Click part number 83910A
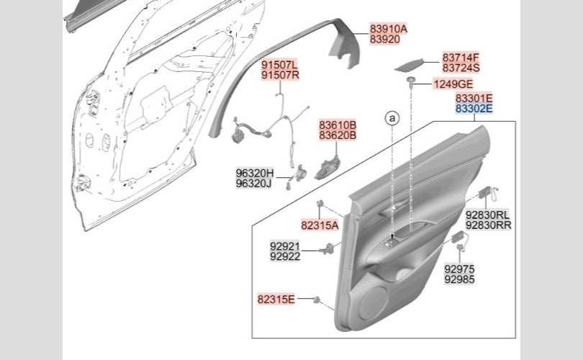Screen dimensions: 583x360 click(388, 29)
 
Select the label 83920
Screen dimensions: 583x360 click(385, 40)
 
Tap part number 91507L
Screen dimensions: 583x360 click(279, 65)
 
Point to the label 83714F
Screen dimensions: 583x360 click(461, 58)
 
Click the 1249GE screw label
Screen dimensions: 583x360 click(453, 84)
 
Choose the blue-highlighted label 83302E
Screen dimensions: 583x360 click(474, 109)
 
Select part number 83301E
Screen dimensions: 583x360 click(474, 98)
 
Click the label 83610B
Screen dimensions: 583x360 click(338, 125)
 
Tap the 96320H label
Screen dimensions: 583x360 click(255, 173)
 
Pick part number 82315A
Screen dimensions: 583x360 click(320, 225)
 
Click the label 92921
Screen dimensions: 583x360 click(285, 246)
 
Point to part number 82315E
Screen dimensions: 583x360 click(276, 299)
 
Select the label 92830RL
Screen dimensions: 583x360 click(488, 215)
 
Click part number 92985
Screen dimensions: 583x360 click(459, 279)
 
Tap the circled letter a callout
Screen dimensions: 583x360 click(392, 119)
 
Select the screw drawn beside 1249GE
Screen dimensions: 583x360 click(410, 81)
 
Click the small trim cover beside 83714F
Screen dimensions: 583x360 click(410, 65)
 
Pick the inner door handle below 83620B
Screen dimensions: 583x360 click(327, 167)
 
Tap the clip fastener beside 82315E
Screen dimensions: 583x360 click(317, 300)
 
